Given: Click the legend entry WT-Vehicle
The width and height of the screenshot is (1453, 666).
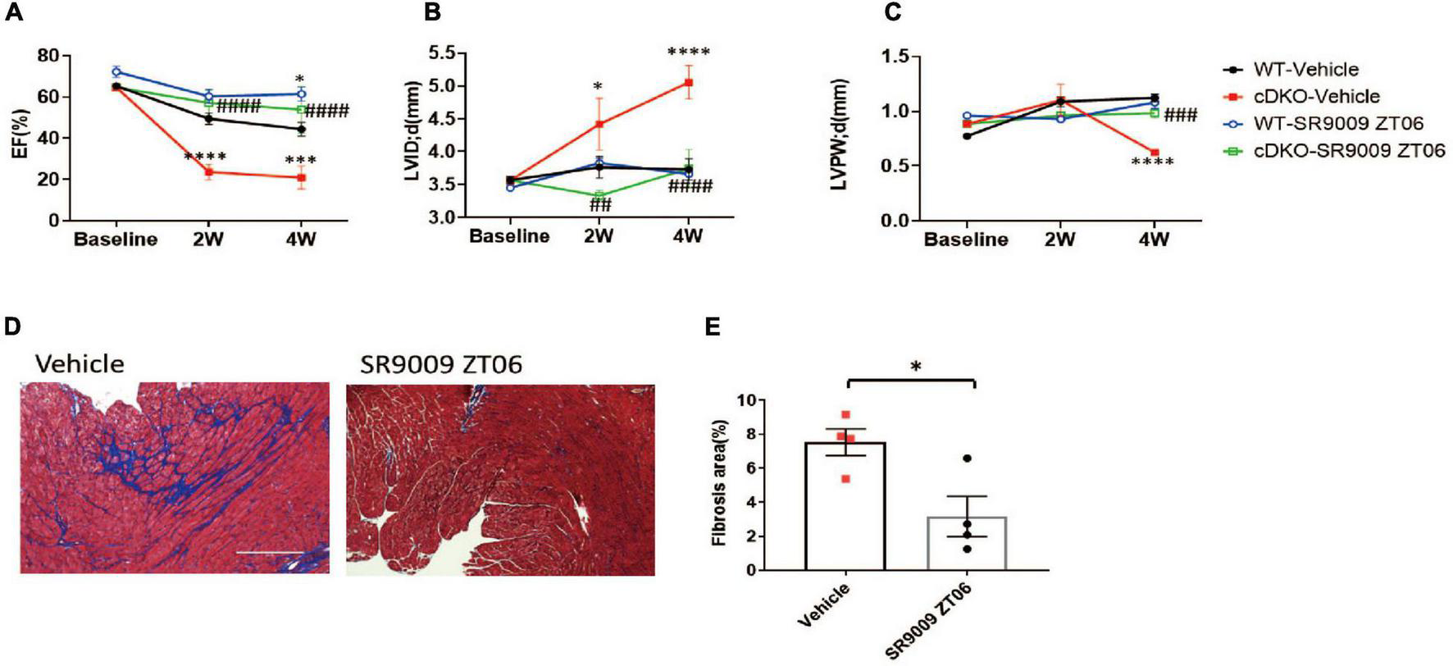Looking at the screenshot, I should tap(1305, 70).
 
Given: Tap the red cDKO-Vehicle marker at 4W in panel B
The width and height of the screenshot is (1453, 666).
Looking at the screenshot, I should tap(689, 82).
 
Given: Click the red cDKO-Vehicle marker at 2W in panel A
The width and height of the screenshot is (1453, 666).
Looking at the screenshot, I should tap(209, 171).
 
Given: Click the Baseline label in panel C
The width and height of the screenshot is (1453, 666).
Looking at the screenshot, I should tap(966, 240).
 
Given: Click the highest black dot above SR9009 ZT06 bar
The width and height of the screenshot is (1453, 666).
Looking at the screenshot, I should tap(968, 458).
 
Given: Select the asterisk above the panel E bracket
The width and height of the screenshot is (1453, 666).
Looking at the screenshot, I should tap(916, 366).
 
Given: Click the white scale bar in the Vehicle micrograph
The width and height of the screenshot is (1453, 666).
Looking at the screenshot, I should tap(275, 552).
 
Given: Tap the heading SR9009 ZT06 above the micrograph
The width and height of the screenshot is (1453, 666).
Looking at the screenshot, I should tap(441, 364).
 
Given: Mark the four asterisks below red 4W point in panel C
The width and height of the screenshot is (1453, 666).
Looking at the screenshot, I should tap(1152, 162).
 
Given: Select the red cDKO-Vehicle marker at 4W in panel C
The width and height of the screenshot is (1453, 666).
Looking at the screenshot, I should tap(1155, 153).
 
